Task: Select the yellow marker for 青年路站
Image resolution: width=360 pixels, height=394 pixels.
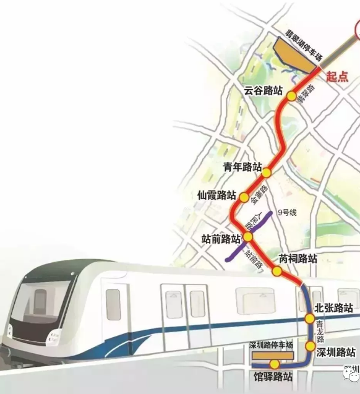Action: (x=267, y=168)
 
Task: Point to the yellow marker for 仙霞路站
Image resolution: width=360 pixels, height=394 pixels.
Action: (x=244, y=197)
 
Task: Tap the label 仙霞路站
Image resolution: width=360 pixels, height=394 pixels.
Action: (x=216, y=195)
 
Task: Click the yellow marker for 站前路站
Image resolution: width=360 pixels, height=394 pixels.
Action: (x=248, y=237)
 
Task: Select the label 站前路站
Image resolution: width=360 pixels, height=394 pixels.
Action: (x=220, y=239)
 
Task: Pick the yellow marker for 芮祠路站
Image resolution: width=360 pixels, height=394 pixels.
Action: (x=277, y=270)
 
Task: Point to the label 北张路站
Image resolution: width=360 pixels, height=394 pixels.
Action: (x=334, y=307)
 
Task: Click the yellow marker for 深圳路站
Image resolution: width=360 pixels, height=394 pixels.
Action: (x=310, y=346)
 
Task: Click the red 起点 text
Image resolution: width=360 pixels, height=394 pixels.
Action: (x=337, y=77)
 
